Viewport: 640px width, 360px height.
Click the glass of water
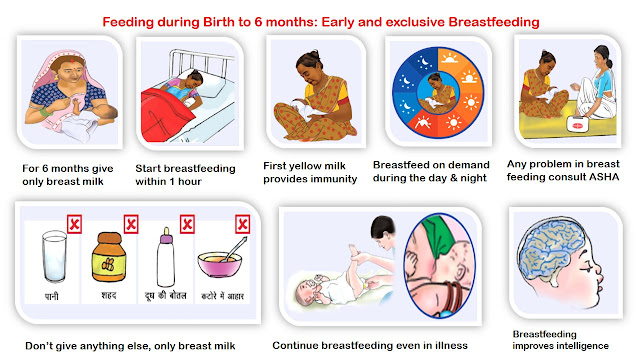54,256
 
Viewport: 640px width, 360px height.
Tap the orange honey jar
109,257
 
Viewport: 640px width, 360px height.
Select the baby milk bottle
166,257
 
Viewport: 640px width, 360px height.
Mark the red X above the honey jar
131,224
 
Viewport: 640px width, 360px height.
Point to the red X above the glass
74,224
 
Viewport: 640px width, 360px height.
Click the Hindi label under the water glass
51,296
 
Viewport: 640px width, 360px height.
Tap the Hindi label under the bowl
222,296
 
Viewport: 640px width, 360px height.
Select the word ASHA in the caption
604,177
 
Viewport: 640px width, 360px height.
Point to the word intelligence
582,346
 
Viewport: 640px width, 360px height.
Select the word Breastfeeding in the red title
494,22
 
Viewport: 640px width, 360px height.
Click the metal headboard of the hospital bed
201,65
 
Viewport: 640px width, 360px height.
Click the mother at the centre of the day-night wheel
438,93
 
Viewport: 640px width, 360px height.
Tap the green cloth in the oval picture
439,237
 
